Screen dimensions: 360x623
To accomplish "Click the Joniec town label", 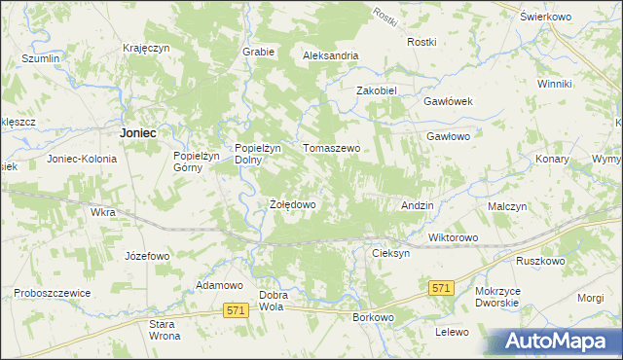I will [138, 131].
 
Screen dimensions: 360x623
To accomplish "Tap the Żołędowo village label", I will [292, 205].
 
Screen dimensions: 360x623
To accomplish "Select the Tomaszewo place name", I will [332, 148].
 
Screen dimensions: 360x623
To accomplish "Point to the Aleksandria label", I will [331, 55].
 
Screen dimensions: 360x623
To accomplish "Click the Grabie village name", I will [258, 52].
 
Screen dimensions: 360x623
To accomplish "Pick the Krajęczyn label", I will [147, 48].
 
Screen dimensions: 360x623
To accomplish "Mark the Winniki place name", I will [554, 84].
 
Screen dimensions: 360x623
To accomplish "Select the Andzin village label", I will [418, 206].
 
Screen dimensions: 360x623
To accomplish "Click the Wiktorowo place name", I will [453, 237].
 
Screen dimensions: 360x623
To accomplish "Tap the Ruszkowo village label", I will [541, 261].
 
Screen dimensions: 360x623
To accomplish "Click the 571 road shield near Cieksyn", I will [442, 288].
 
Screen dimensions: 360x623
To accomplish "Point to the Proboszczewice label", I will [52, 292].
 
